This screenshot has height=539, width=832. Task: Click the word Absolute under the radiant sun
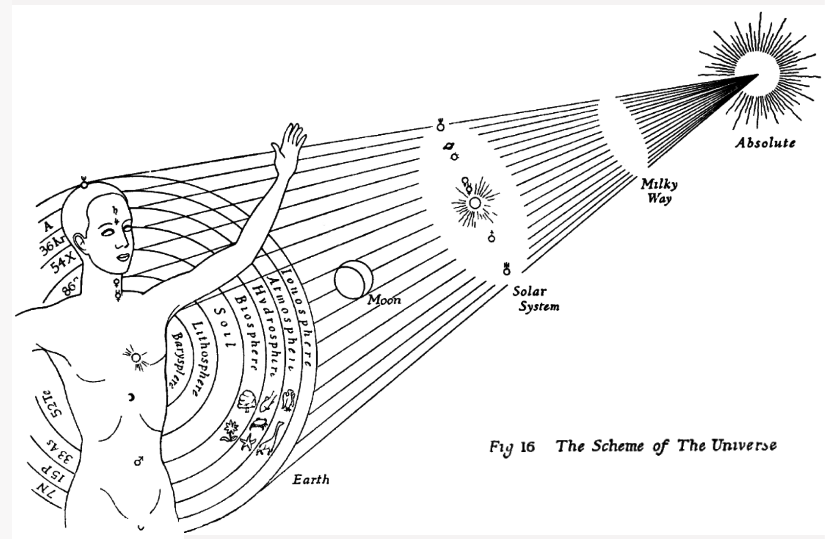click(x=765, y=143)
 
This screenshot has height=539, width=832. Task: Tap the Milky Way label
click(x=659, y=191)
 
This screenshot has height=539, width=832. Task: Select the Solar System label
click(x=535, y=299)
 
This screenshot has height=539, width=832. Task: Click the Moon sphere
click(x=353, y=280)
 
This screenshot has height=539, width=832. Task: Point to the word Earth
click(x=311, y=479)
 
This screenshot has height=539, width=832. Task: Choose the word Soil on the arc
click(x=225, y=328)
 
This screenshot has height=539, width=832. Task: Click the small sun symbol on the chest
click(x=136, y=358)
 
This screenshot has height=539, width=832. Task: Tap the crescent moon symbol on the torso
click(x=131, y=397)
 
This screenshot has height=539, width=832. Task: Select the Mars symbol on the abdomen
click(x=139, y=460)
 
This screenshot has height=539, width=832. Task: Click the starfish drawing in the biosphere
click(x=248, y=441)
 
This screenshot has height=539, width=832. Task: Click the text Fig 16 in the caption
click(x=512, y=447)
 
